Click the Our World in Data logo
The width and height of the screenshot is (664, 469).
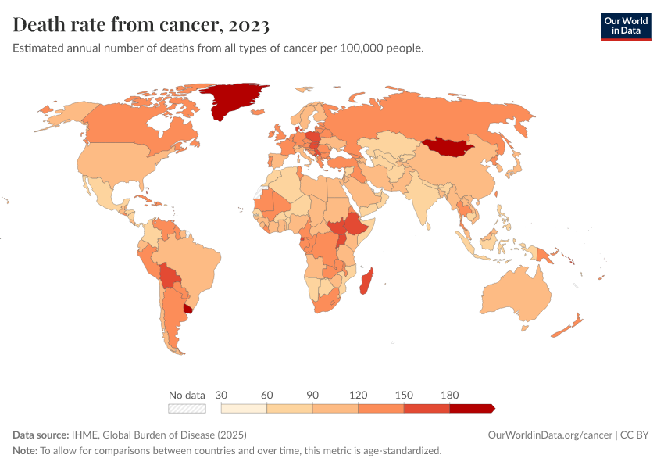point(625,26)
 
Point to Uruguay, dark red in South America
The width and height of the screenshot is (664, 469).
point(187,310)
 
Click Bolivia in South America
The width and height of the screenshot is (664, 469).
point(170,275)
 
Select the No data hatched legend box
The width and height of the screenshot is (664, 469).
point(187,408)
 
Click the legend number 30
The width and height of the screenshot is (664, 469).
point(221,395)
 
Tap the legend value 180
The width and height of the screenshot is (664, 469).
point(450,395)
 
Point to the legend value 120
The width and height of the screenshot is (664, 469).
point(359,395)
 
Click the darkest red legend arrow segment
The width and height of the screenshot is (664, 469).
point(471,408)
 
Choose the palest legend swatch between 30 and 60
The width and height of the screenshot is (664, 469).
point(244,408)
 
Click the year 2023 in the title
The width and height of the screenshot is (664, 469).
point(249,25)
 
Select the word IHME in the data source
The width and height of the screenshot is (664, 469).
point(85,435)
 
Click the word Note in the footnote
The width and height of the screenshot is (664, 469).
point(24,450)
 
